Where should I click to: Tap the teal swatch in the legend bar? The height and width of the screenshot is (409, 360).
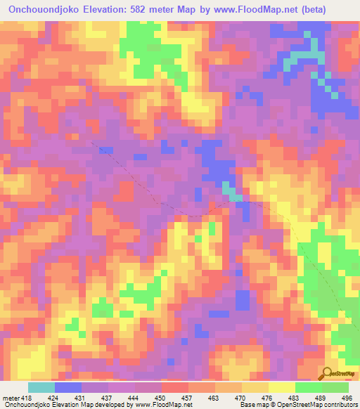41,387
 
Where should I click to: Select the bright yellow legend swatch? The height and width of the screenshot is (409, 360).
282,387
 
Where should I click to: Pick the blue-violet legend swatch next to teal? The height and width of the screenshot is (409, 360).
68,387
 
